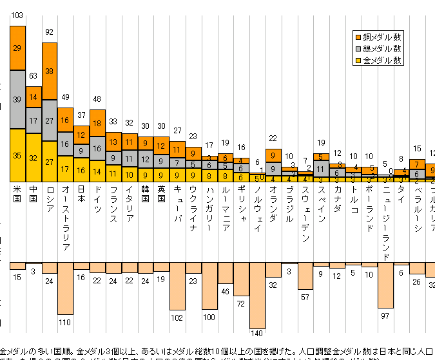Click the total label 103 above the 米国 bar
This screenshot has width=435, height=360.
[x=17, y=15]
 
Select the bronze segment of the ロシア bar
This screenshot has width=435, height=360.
[x=50, y=71]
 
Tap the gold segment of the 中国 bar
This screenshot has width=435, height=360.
[x=34, y=157]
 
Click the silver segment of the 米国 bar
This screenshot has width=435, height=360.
[x=17, y=99]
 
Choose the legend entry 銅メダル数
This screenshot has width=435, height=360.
[x=382, y=37]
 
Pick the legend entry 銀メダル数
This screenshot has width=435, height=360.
[x=382, y=48]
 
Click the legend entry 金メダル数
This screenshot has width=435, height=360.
[x=382, y=60]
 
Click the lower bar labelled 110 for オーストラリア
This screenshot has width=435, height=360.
[x=66, y=288]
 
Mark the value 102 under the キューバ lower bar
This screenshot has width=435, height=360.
[x=178, y=317]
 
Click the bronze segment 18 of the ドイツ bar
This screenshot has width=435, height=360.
[x=98, y=123]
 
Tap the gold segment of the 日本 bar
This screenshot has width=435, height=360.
[x=82, y=170]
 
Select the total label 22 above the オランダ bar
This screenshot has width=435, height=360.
[x=273, y=138]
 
